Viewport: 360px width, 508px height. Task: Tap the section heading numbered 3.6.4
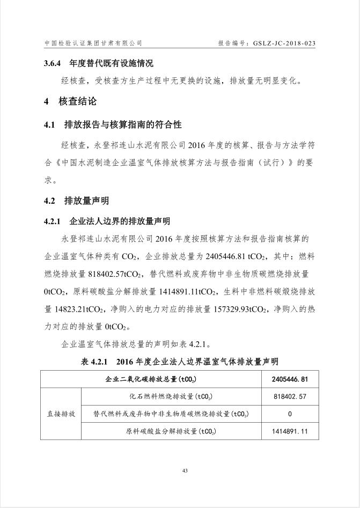99,63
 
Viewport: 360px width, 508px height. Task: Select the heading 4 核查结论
70,101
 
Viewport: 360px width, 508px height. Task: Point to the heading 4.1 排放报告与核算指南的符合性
113,124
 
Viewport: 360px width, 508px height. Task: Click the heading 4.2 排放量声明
76,201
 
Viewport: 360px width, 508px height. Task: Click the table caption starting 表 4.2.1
180,362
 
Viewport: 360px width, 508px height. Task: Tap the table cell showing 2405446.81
290,380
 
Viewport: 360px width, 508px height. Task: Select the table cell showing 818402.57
290,397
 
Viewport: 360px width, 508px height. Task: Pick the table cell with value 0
290,414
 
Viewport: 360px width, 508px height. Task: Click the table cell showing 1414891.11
290,431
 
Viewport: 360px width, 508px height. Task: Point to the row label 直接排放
61,414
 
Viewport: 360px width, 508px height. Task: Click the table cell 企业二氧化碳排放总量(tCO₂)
151,380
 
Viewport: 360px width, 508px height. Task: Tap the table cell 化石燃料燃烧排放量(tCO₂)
171,397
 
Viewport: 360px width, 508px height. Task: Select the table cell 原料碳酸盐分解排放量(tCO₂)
171,431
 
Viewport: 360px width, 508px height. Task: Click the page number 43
184,470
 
